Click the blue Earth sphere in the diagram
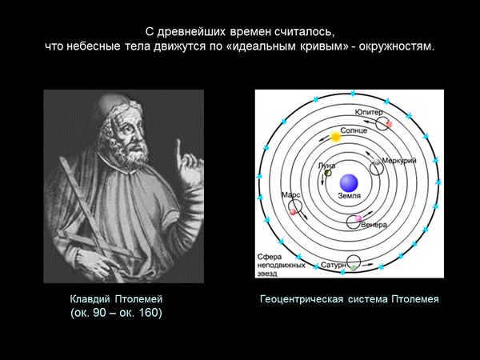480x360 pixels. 349,183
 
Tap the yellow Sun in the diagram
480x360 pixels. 335,137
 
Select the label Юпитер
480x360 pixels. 369,113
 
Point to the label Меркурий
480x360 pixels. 399,161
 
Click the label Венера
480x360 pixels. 374,225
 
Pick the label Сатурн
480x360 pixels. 334,265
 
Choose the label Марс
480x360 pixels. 290,195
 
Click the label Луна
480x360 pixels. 326,166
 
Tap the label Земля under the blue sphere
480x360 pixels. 350,196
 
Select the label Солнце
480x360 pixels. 354,130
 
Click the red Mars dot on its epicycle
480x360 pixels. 293,211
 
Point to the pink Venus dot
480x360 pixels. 358,218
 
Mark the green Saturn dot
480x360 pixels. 354,267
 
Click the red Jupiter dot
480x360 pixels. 389,124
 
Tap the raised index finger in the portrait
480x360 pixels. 178,151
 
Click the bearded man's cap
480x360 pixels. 114,106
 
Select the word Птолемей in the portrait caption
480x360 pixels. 138,299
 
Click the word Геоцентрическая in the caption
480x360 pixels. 302,299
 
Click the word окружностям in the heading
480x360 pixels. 396,47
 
